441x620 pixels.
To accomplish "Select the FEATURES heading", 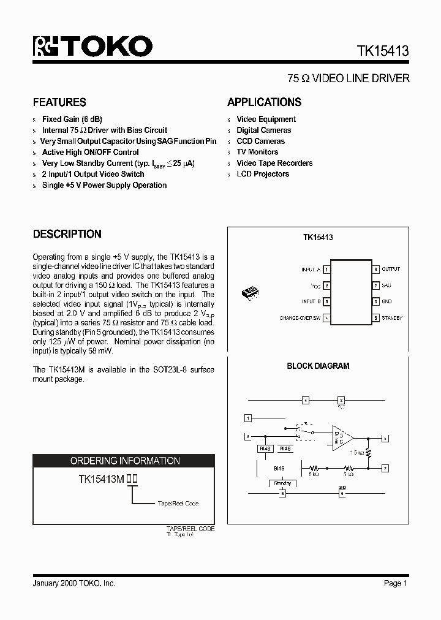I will coord(59,102).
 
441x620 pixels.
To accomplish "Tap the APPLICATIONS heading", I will coord(264,102).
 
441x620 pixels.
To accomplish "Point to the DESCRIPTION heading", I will coord(67,234).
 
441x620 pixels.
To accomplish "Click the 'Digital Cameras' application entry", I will coord(263,130).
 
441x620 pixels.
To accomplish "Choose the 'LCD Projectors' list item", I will coord(263,174).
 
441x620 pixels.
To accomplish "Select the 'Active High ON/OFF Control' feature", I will coord(90,153).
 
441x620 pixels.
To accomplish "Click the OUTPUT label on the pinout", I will coord(390,269).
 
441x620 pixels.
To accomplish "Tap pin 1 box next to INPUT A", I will coord(327,270).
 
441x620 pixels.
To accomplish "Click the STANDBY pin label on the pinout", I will coord(392,318).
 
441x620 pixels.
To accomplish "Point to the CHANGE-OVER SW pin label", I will coord(300,318).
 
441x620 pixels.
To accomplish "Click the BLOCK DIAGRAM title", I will coord(318,366).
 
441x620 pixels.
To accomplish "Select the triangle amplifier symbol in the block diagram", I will coord(341,438).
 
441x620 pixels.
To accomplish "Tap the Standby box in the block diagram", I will coord(282,483).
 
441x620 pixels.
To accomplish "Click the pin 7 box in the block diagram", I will coord(385,468).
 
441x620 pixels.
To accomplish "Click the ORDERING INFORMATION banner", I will coord(124,461).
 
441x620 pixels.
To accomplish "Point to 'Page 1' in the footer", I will coord(396,583).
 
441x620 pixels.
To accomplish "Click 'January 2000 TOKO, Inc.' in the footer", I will coord(73,583).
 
